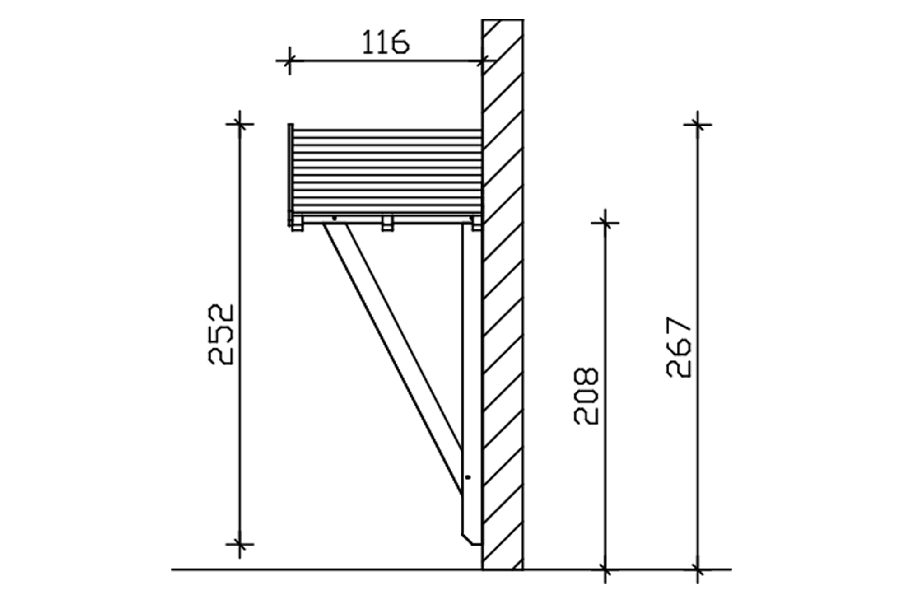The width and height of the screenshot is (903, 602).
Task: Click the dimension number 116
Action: (386, 43)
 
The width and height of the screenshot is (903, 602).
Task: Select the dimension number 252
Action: (221, 334)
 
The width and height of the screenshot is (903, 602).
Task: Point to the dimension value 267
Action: (679, 347)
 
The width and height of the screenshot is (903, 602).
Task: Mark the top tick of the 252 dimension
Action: (240, 123)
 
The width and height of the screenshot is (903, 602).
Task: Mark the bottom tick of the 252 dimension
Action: (240, 545)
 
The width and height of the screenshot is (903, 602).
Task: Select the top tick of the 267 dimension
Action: (698, 124)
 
